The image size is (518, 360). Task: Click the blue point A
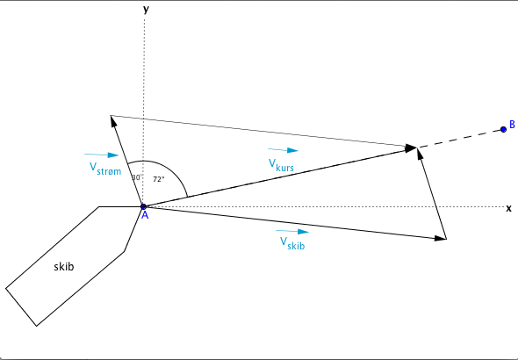click(143, 206)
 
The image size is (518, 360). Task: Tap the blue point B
click(503, 129)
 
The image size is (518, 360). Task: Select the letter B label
click(512, 125)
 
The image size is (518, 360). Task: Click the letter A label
click(145, 215)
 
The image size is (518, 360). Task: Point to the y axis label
click(146, 10)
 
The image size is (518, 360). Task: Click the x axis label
click(508, 208)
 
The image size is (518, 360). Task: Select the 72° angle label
click(159, 179)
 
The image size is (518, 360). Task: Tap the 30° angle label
click(137, 177)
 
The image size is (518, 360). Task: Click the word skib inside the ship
click(64, 267)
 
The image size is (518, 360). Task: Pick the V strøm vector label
click(105, 169)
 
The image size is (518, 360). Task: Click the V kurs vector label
click(281, 165)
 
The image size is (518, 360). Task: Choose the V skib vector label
click(292, 243)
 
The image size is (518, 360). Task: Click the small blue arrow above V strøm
click(102, 155)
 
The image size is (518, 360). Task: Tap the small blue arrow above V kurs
click(283, 150)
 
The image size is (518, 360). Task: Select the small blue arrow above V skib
click(292, 231)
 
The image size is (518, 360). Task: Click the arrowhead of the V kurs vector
click(412, 148)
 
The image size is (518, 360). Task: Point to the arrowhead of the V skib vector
click(441, 238)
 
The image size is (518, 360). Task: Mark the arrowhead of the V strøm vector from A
click(113, 121)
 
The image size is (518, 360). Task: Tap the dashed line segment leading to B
click(461, 139)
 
